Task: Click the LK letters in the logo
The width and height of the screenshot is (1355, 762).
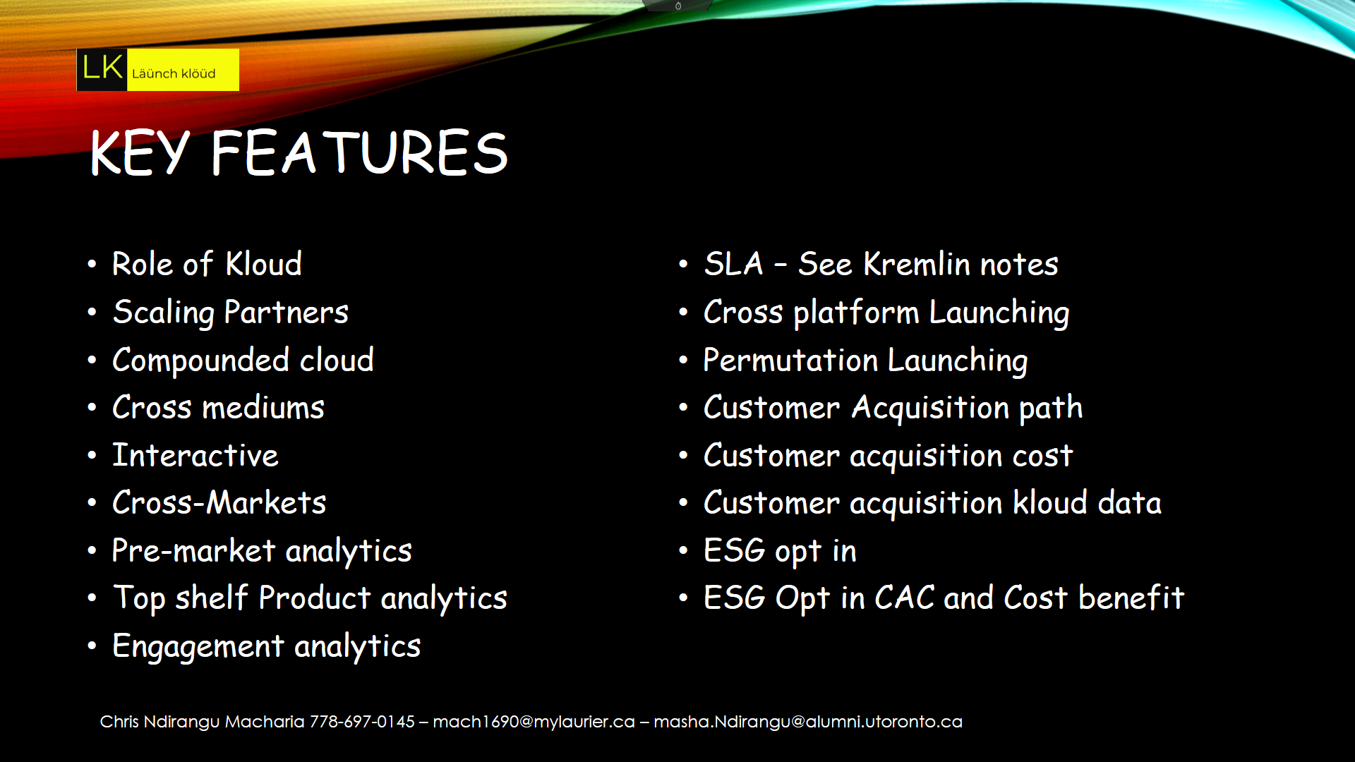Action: tap(103, 68)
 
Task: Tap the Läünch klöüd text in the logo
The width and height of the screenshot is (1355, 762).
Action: tap(174, 73)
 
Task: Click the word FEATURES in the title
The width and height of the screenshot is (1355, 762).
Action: tap(359, 152)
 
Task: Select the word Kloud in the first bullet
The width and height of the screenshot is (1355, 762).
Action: tap(264, 264)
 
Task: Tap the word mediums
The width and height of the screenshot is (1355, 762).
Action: tap(263, 408)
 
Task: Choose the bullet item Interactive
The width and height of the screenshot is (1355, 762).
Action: tap(195, 455)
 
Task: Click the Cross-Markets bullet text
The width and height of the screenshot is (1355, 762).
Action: tap(219, 502)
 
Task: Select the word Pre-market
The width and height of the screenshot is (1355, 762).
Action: tap(193, 550)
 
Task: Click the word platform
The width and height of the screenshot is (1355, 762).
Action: tap(856, 313)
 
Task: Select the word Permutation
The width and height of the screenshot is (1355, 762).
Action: tap(790, 360)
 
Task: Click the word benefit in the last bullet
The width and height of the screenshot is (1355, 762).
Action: tap(1131, 598)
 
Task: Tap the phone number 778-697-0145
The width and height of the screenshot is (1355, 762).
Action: tap(362, 722)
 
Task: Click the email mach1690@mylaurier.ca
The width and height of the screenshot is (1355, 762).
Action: tap(534, 722)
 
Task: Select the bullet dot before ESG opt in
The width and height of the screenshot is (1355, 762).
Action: tap(683, 550)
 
